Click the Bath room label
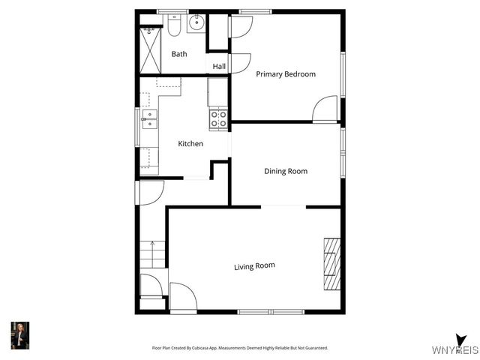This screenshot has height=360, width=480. point(179,54)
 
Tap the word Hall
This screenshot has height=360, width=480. point(219,67)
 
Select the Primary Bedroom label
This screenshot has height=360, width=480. point(285,74)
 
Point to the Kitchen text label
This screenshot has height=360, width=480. point(190,143)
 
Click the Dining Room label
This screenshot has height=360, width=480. point(286,171)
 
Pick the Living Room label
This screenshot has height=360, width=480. point(254,266)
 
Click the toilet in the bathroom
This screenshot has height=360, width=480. point(174,27)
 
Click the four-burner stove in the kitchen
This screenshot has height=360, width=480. point(218,118)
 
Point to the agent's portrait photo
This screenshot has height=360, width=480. point(19,335)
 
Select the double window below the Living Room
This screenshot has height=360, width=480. point(271,311)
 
